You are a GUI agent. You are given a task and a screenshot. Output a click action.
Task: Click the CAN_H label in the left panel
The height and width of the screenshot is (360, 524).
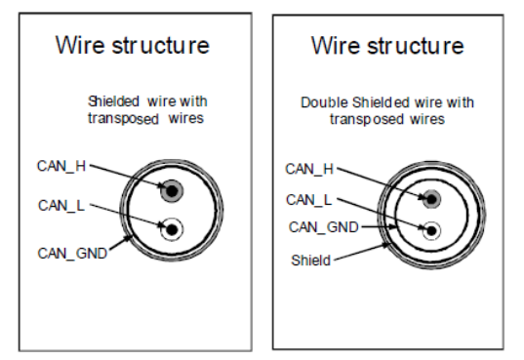coord(61,166)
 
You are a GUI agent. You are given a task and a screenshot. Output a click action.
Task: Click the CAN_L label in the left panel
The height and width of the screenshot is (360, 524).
coord(61,206)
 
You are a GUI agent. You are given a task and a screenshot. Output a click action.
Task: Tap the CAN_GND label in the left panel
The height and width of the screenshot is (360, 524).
coord(72,254)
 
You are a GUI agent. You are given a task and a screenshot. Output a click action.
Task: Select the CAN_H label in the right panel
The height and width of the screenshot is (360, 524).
coord(309,169)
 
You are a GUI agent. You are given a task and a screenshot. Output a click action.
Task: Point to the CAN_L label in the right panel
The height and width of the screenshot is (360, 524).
coord(309,200)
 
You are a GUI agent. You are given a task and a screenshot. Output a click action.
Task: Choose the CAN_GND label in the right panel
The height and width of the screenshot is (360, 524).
coord(324,227)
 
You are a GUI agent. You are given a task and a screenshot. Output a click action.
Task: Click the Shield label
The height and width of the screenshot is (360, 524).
coord(311,260)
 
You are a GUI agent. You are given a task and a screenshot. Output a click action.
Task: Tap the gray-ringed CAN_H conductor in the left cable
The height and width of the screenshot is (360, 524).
coord(172,191)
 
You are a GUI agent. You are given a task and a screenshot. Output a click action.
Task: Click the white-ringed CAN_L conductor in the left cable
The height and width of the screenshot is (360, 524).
coord(172,229)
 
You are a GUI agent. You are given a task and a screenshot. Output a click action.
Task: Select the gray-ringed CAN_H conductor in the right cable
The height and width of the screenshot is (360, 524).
coord(431,200)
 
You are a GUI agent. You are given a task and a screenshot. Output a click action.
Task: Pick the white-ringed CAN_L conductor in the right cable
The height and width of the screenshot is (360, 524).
coord(431,230)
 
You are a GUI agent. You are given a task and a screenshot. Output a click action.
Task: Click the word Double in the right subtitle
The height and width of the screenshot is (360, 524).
coord(325,102)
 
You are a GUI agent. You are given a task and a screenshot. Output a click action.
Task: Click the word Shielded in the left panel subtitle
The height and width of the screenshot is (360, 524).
coord(113,101)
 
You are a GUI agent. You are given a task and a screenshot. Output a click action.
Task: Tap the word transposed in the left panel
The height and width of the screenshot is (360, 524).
coord(123,119)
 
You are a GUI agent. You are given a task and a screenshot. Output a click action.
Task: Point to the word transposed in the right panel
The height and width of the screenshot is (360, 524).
coord(367,120)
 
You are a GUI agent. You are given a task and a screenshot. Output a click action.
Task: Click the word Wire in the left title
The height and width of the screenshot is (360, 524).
coord(80,45)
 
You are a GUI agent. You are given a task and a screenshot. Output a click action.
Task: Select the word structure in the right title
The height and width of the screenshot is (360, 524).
coord(416,46)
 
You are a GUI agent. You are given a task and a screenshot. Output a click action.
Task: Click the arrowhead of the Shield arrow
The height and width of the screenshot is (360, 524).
coord(386,246)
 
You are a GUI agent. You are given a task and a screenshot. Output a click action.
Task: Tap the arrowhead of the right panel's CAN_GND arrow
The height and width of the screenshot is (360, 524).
coord(393,227)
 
